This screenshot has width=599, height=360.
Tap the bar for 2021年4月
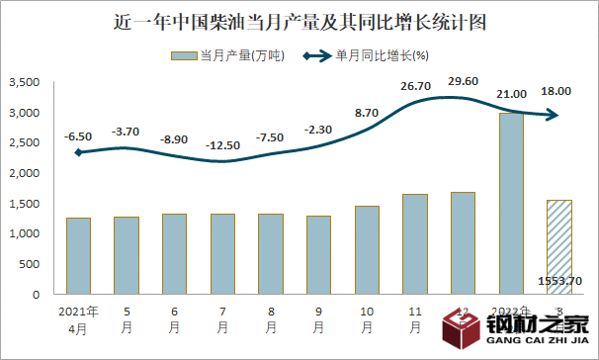[79, 255]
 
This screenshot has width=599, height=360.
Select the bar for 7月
[222, 253]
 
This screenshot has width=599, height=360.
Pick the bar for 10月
[367, 249]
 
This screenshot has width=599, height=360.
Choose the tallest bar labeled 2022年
[511, 203]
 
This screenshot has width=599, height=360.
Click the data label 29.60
[463, 81]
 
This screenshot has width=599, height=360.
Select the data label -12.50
[223, 145]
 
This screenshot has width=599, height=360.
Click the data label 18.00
[556, 91]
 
